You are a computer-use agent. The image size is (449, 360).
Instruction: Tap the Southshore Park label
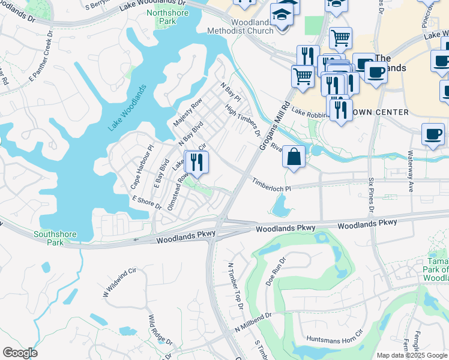point(49,238)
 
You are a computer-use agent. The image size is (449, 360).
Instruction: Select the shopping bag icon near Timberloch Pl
point(294,157)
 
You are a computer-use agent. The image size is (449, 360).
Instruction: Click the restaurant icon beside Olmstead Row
point(196,162)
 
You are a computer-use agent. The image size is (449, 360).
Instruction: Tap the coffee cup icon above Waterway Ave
point(433,135)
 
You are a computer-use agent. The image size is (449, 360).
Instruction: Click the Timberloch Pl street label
point(271,185)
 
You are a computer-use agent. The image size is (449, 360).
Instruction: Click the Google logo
point(20,353)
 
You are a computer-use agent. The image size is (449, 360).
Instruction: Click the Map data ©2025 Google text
point(412,355)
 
